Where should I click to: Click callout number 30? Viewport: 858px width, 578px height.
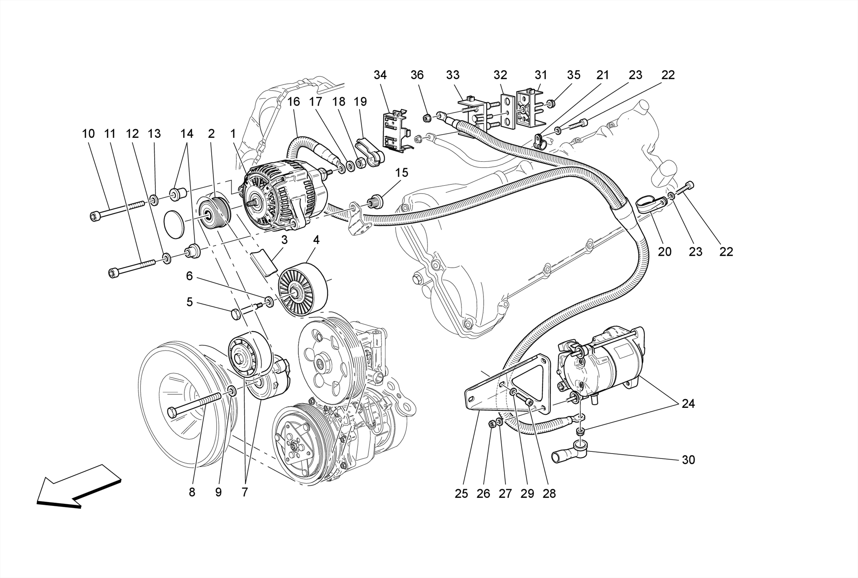(688, 460)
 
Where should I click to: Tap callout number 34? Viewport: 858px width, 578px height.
(380, 75)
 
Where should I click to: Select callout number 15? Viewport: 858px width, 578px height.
(401, 173)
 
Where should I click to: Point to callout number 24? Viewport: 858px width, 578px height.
(688, 404)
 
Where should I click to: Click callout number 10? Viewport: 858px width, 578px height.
(88, 134)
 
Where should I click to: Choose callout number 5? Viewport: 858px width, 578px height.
(189, 302)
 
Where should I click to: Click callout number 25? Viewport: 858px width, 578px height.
(461, 494)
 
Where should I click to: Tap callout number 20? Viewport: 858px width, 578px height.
(664, 251)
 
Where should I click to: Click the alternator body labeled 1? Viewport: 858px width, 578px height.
(277, 195)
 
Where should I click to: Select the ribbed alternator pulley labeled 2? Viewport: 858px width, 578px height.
(213, 213)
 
